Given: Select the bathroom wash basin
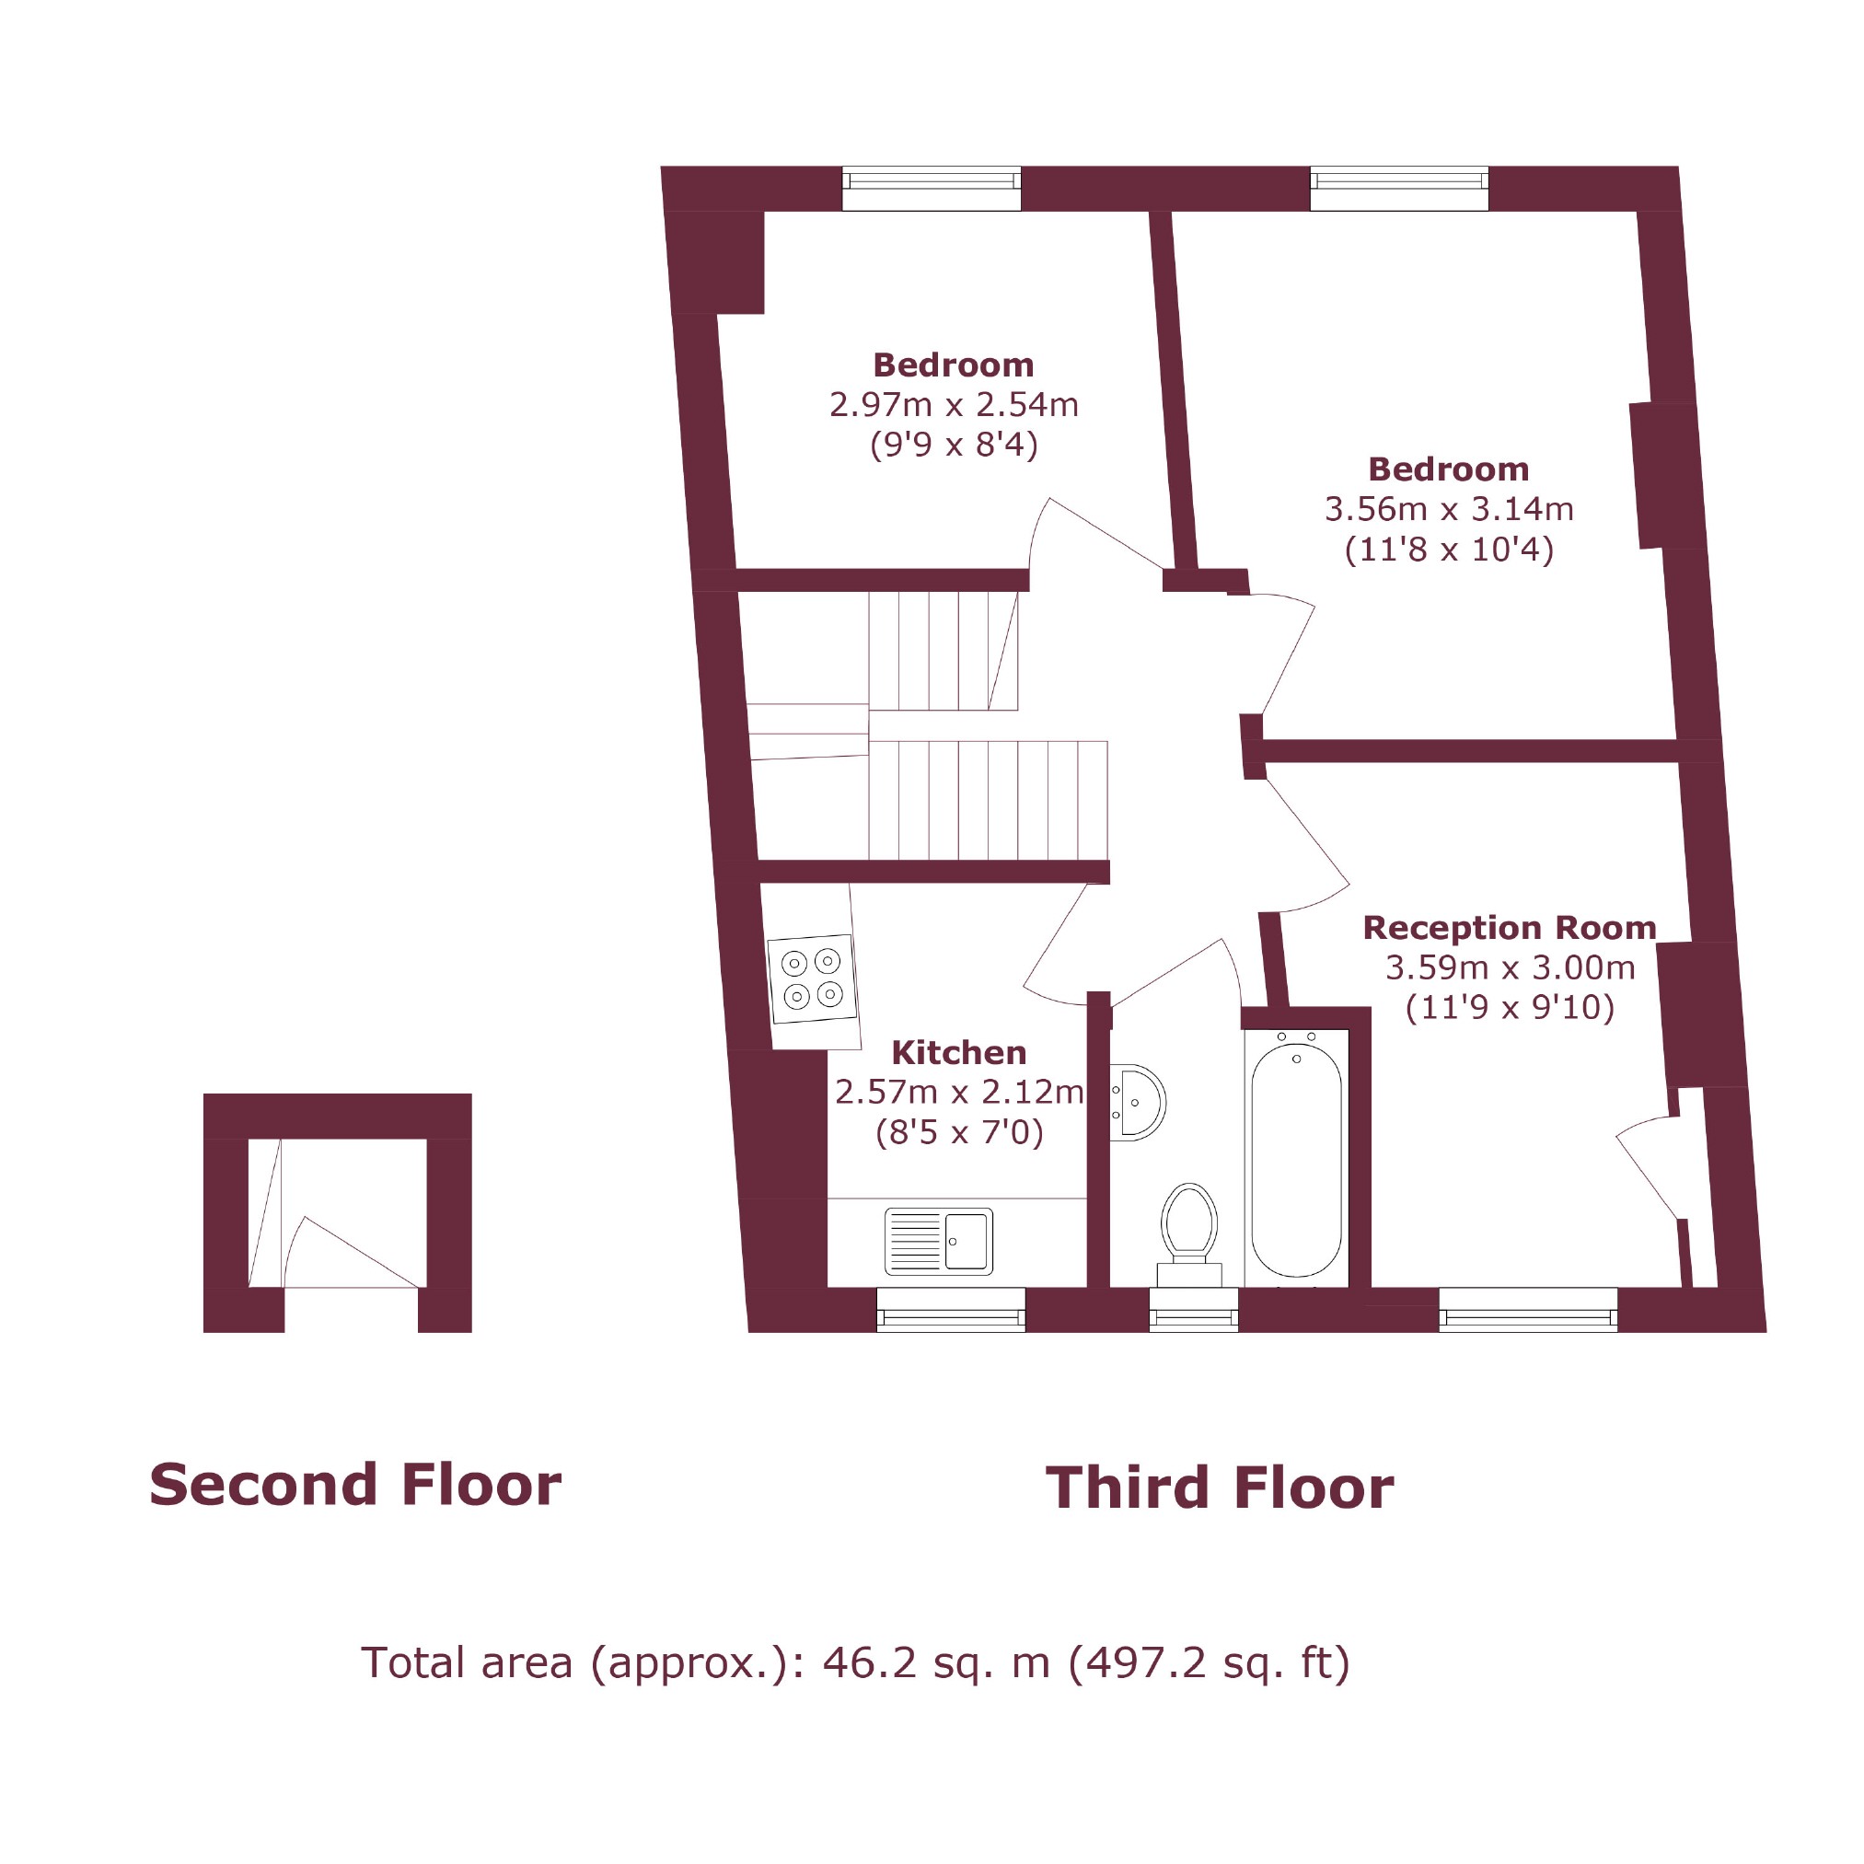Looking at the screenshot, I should [x=1140, y=1101].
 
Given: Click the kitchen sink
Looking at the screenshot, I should [x=938, y=1241].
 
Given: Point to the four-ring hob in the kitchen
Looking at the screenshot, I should [x=811, y=978].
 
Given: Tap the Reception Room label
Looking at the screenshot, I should [x=1509, y=927].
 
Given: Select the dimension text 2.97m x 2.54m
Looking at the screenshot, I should [x=954, y=404].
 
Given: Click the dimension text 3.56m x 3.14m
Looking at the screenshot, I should [x=1448, y=508].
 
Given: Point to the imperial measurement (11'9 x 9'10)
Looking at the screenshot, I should [x=1509, y=1007].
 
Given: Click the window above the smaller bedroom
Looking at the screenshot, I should [x=931, y=188].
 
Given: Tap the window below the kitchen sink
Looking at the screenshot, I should [x=950, y=1309].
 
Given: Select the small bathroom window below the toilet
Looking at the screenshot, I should [x=1194, y=1309].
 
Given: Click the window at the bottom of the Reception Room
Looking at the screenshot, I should [x=1527, y=1309].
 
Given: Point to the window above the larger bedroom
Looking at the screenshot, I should [x=1399, y=188].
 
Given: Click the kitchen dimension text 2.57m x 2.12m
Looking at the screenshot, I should [x=958, y=1091].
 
